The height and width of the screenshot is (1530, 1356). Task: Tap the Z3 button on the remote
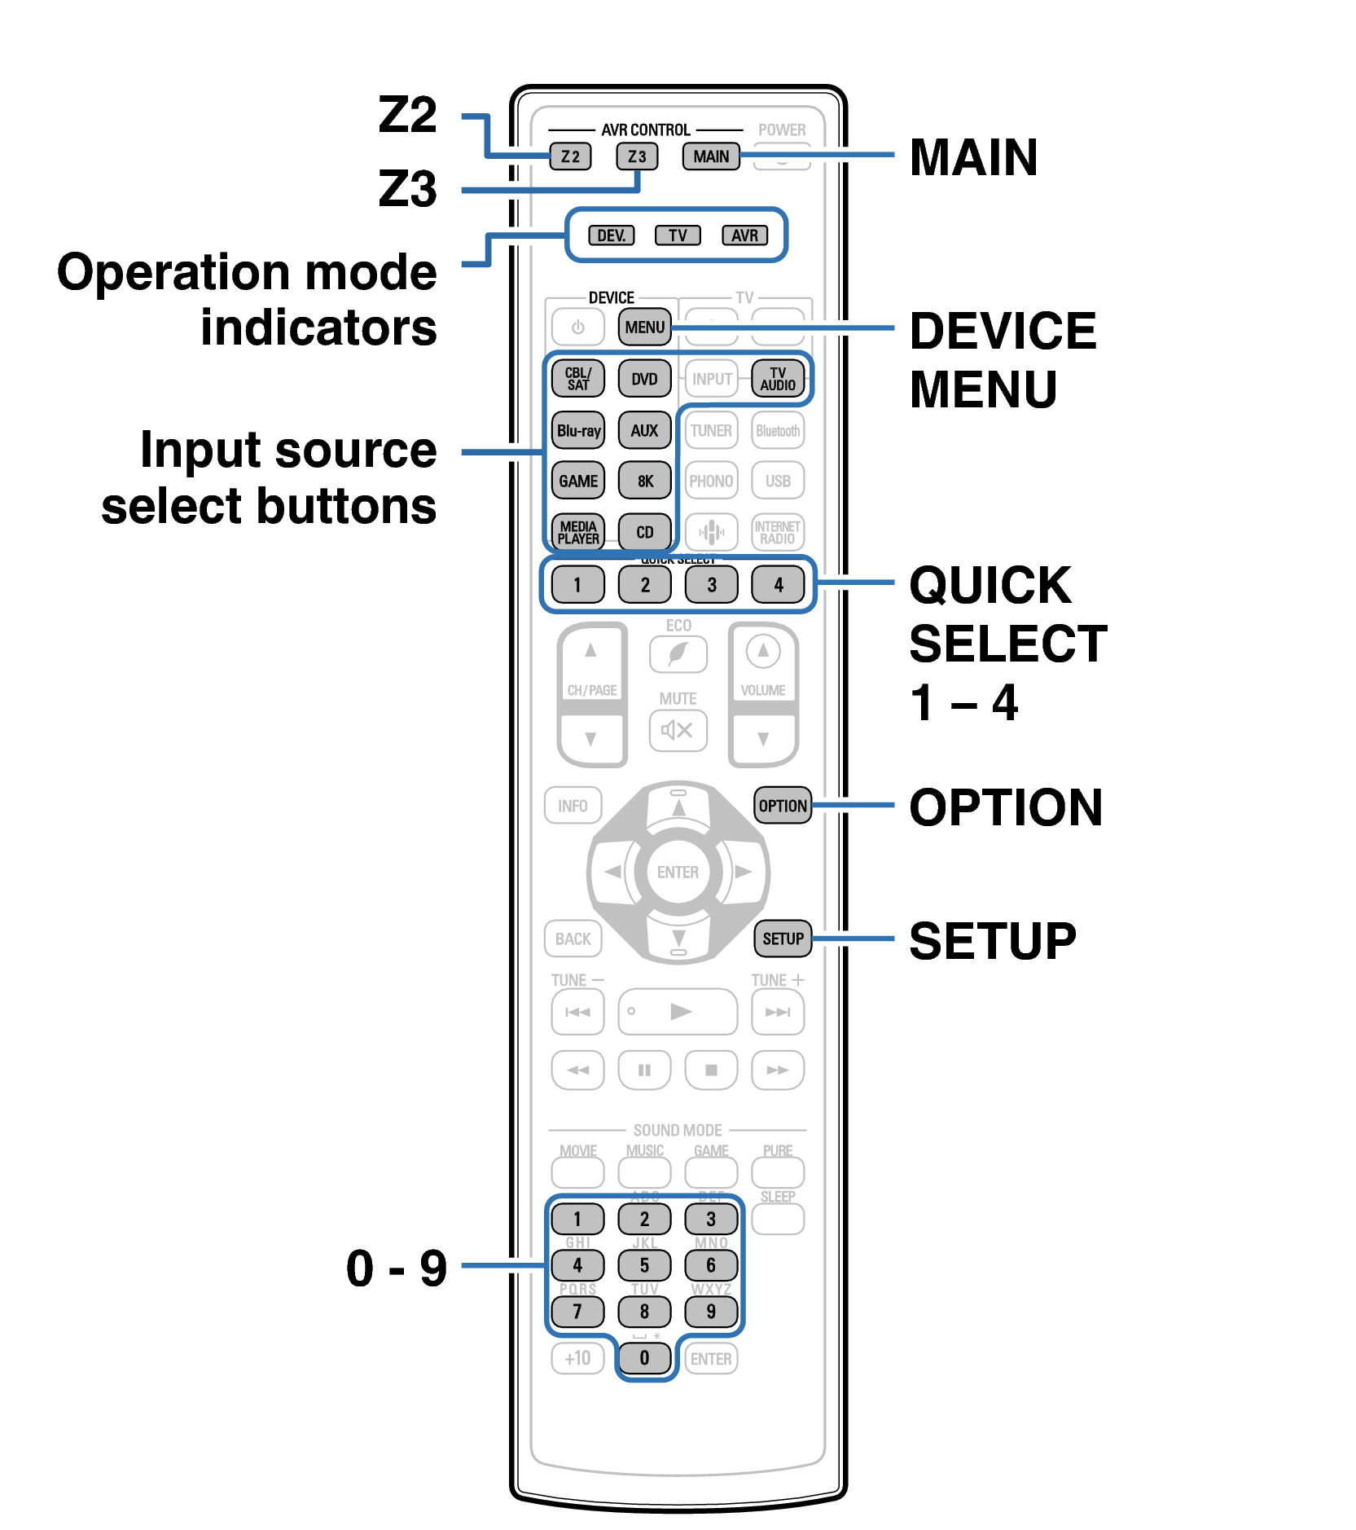[636, 156]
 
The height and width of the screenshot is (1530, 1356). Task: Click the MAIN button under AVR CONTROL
[711, 156]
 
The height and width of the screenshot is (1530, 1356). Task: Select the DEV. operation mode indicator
[611, 235]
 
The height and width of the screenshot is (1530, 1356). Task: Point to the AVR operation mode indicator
[744, 235]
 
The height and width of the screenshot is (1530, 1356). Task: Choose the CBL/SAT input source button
[578, 379]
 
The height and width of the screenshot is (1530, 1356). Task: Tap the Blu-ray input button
[578, 430]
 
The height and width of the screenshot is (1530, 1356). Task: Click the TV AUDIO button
[778, 379]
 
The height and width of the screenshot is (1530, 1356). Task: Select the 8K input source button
[645, 481]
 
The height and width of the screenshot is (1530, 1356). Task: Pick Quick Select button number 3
[711, 584]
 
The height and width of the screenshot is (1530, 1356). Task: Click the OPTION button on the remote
[783, 806]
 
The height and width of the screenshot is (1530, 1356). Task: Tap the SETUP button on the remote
[783, 939]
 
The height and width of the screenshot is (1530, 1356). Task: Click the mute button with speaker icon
[678, 730]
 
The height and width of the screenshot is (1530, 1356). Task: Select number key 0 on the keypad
[644, 1358]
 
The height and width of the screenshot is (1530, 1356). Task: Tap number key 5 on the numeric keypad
[644, 1265]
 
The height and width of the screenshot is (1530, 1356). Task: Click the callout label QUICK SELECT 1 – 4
[1007, 643]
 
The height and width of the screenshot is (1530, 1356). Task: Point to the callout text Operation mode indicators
[248, 299]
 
